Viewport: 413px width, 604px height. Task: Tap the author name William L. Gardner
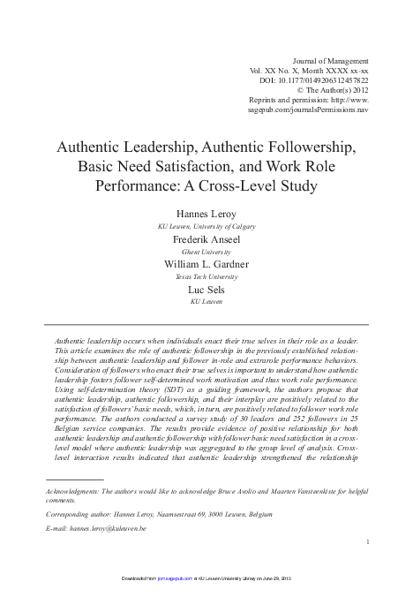[x=206, y=263]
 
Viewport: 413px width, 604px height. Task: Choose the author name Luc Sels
[x=206, y=289]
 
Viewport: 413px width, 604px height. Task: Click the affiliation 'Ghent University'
[x=206, y=251]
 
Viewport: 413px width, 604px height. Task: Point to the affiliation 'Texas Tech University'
[x=206, y=276]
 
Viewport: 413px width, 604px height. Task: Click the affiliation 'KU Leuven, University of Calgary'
[x=206, y=225]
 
